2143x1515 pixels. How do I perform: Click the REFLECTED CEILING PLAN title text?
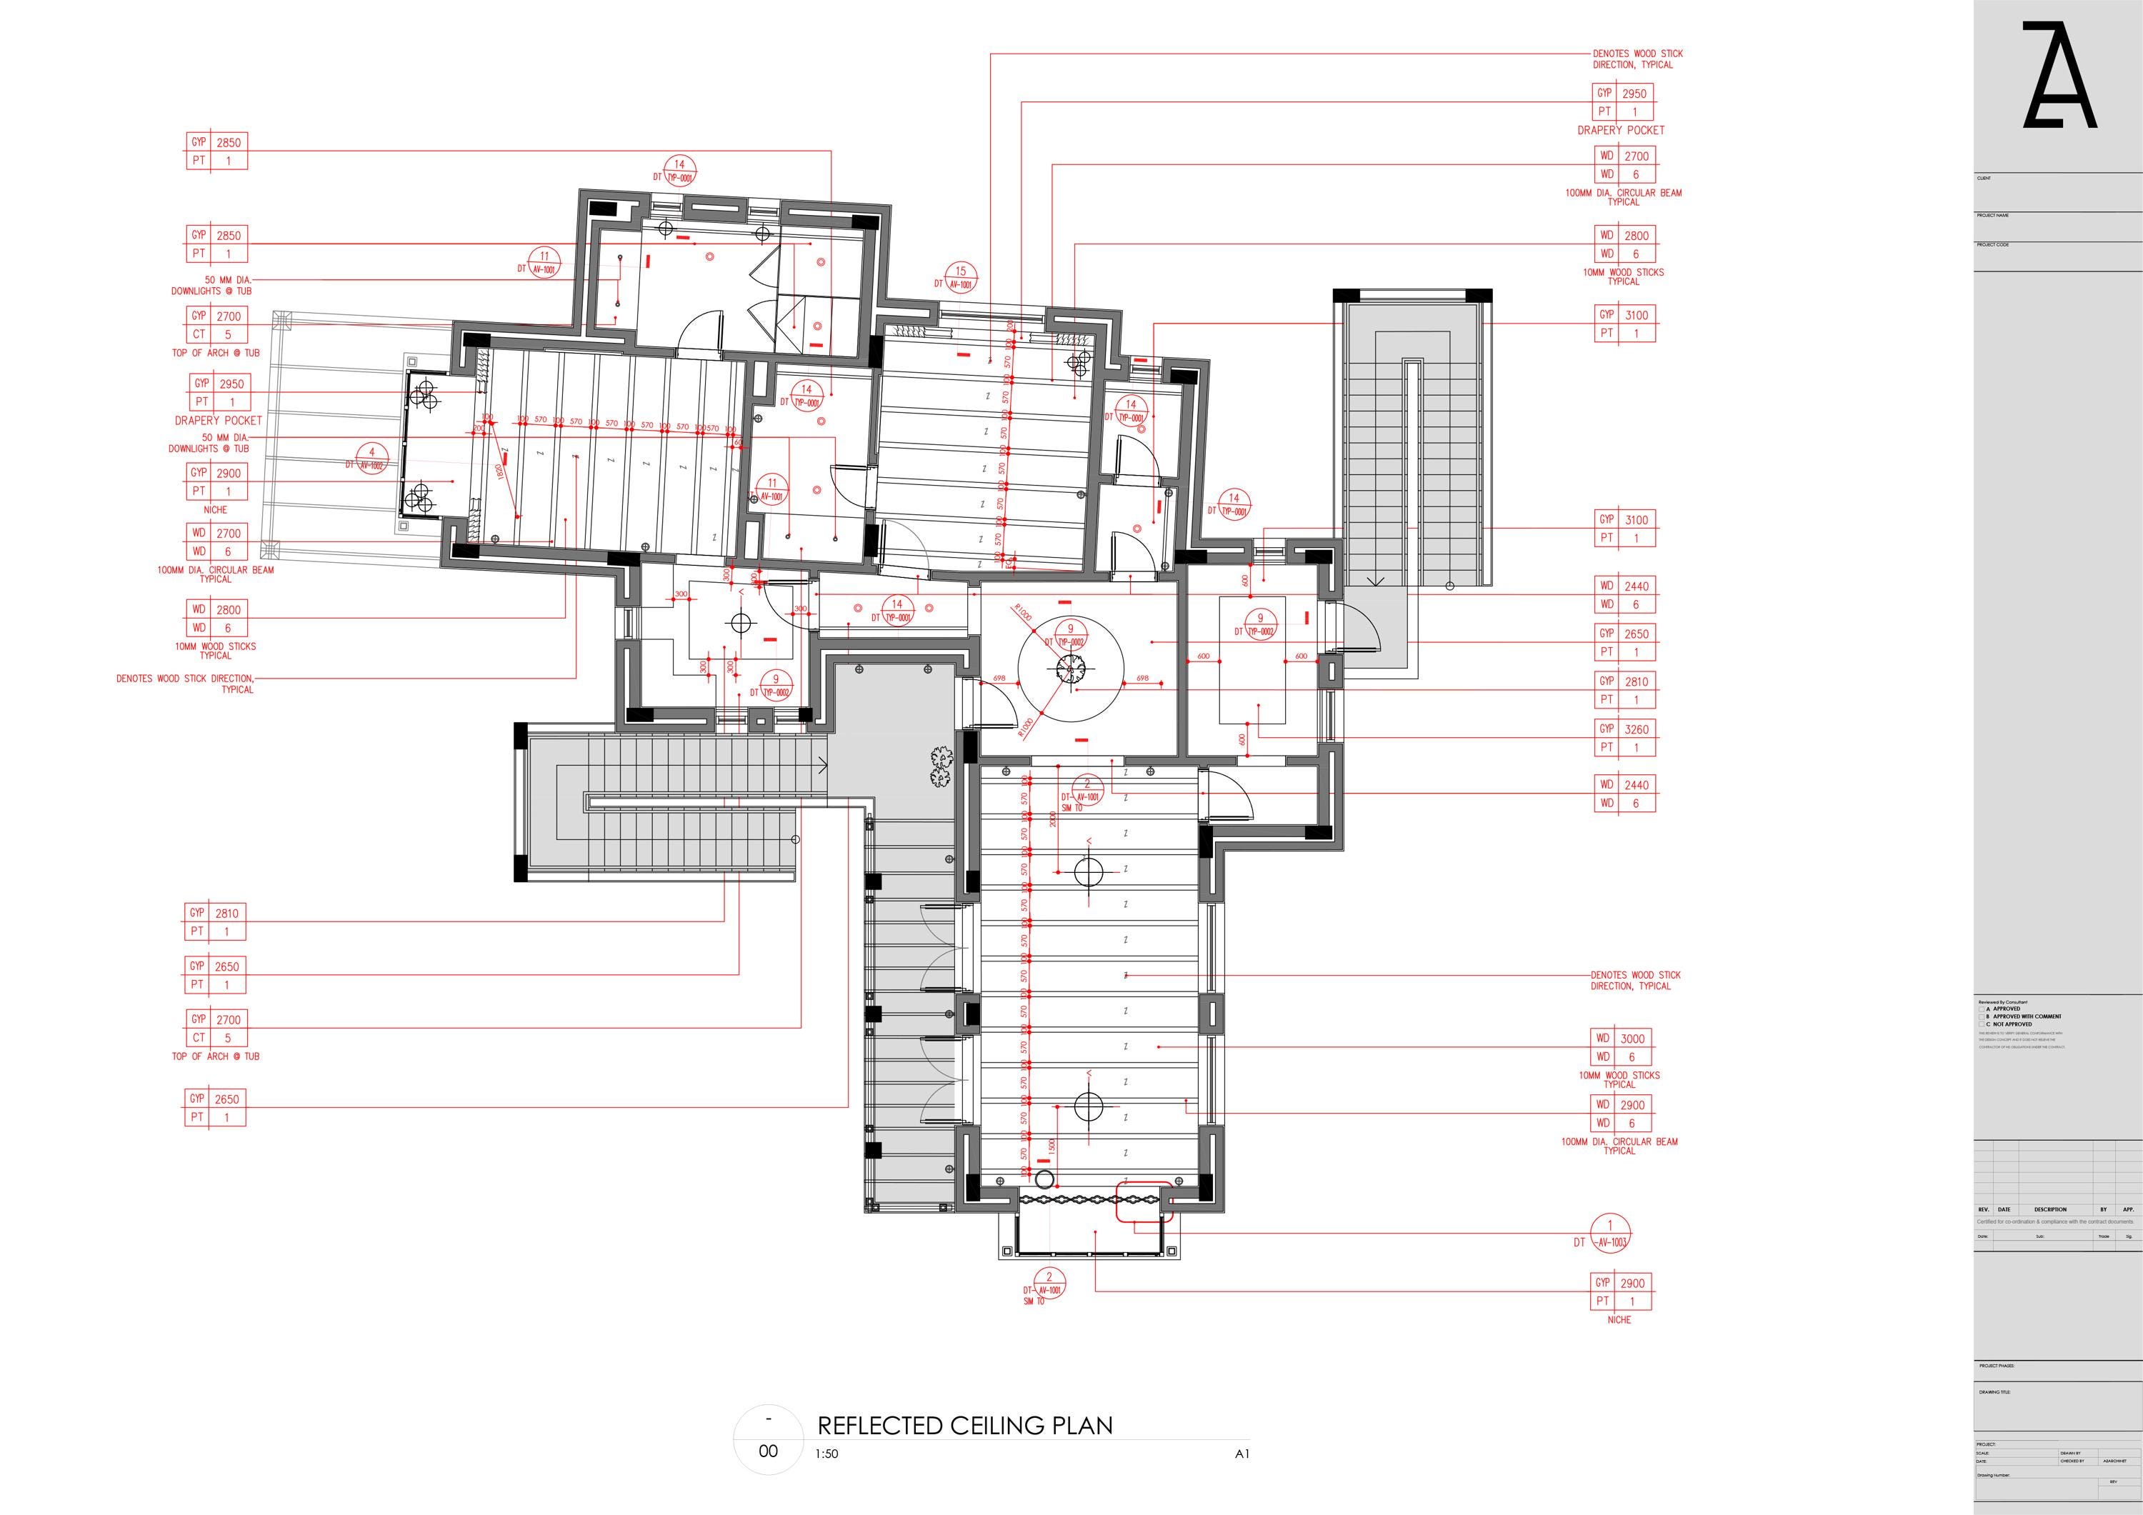(964, 1426)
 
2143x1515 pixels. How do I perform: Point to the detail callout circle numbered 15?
(961, 277)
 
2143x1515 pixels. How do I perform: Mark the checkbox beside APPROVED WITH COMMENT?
(1982, 1017)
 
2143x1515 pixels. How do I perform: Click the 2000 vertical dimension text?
(1052, 819)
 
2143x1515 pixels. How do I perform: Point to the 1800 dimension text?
(499, 472)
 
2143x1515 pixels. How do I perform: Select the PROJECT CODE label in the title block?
(1993, 244)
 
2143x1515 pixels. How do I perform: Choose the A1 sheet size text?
(1242, 1454)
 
